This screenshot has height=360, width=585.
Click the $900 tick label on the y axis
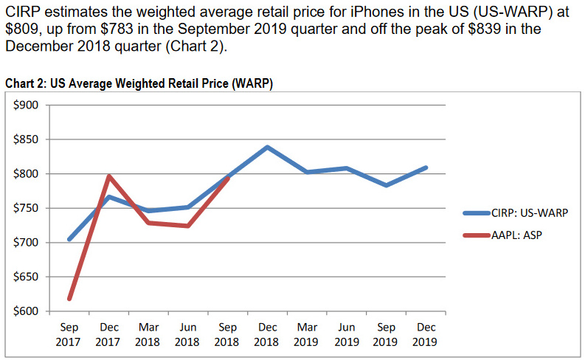[x=27, y=105]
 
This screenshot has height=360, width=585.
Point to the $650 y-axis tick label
[x=27, y=277]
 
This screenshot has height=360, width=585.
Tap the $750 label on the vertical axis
[x=27, y=208]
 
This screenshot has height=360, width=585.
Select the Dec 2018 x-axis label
[x=267, y=334]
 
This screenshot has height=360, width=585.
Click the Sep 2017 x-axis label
[x=69, y=334]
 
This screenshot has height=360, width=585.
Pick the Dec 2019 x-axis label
[x=426, y=334]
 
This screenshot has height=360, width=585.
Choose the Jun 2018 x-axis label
[x=187, y=334]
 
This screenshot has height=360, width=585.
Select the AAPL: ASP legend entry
[x=516, y=238]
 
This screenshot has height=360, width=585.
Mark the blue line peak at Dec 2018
[x=267, y=147]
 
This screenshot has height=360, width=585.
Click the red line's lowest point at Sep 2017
[x=69, y=299]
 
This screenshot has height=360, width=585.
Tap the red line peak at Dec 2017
[x=109, y=176]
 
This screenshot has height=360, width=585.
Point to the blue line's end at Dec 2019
[x=426, y=167]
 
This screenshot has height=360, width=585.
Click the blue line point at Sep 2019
[x=386, y=185]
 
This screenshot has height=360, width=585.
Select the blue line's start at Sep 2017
[x=69, y=239]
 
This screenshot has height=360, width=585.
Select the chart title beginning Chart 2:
[x=139, y=83]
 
